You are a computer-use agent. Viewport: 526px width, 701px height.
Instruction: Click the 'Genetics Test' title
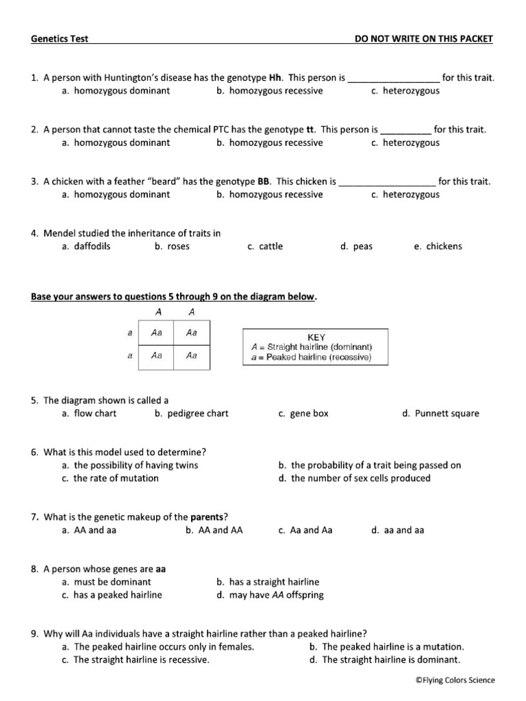click(60, 39)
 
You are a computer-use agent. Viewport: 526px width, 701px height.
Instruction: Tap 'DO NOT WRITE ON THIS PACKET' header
click(423, 39)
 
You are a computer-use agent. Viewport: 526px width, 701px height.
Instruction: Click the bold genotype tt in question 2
click(311, 129)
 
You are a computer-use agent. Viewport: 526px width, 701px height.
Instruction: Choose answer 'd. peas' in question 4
click(356, 246)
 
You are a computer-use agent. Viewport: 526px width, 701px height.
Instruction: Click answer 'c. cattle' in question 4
click(265, 246)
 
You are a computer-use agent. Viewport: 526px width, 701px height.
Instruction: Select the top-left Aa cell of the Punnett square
click(156, 333)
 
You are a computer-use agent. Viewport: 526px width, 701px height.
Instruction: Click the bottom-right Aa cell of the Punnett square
click(192, 355)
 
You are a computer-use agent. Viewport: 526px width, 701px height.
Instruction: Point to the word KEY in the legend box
click(316, 337)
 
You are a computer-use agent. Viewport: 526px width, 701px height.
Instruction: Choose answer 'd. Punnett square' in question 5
click(441, 413)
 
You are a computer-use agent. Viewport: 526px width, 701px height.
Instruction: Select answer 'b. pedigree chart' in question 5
click(192, 413)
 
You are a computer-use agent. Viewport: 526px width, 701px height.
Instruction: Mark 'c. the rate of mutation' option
click(110, 478)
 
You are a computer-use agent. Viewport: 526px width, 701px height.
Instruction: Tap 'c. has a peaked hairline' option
click(112, 595)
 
